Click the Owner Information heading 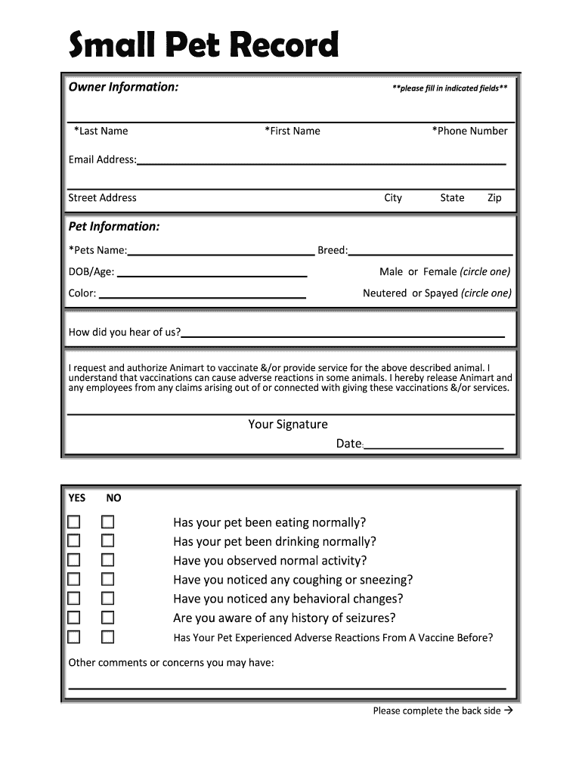coord(123,87)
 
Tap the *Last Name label coord(101,131)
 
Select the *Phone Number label coord(469,131)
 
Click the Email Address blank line coord(321,161)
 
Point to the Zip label coord(494,198)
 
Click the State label coord(452,198)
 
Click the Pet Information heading coord(114,227)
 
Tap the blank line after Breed coord(430,252)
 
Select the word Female coord(440,271)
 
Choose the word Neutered coord(385,293)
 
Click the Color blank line coord(202,296)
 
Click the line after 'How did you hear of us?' coord(343,334)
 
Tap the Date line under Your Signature coord(434,446)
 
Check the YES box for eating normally coord(73,522)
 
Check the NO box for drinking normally coord(108,541)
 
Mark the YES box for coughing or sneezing coord(73,580)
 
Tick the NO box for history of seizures coord(108,618)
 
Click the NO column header coord(113,498)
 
